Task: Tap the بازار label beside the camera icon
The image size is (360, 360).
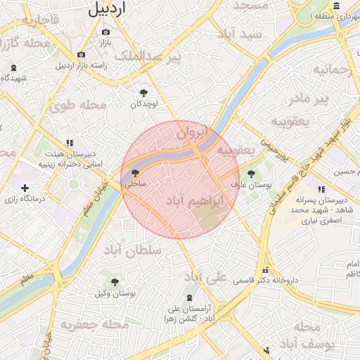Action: pos(105,44)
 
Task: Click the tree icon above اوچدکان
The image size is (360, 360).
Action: pos(144,93)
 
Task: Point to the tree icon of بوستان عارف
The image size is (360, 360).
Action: pos(251,173)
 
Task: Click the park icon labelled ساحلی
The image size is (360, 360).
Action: pos(134,172)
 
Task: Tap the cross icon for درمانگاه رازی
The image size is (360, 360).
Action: pos(25,188)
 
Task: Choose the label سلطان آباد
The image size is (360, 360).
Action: pos(133,250)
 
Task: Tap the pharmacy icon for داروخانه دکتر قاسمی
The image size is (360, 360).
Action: pos(265,270)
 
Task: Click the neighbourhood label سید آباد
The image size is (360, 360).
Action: pos(240,34)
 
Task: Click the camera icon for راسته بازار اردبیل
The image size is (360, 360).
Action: pos(82,55)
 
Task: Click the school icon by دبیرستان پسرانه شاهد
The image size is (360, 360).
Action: pos(321,189)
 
